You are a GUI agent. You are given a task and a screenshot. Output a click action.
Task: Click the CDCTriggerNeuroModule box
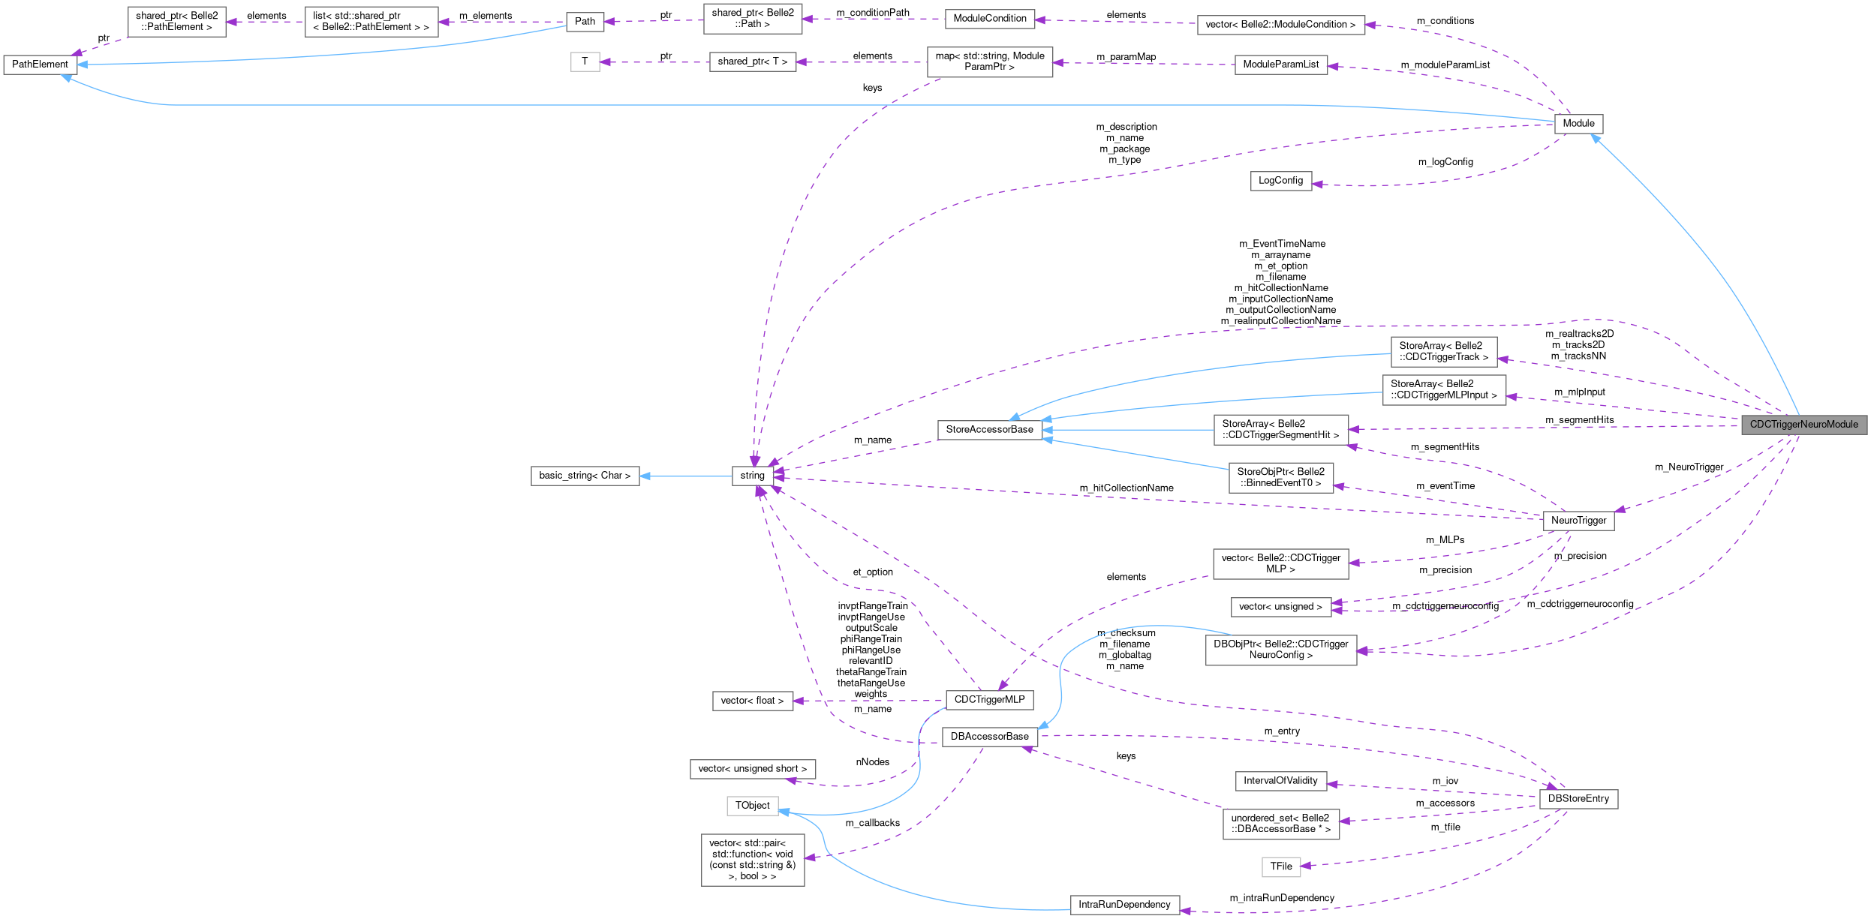coord(1803,425)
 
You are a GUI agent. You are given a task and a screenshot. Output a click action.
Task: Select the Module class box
coord(1578,124)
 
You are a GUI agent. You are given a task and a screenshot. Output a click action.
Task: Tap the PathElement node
coord(40,65)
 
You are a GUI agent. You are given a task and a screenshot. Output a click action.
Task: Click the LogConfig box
coord(1280,181)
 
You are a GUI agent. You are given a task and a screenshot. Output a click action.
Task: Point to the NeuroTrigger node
coord(1578,521)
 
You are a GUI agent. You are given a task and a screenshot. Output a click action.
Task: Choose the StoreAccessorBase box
coord(989,430)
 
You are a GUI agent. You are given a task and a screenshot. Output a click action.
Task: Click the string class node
coord(752,476)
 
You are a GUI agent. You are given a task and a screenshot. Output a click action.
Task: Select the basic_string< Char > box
coord(585,476)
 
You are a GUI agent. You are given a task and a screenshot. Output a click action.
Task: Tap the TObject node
coord(752,806)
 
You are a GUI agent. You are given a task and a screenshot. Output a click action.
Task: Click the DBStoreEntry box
coord(1578,799)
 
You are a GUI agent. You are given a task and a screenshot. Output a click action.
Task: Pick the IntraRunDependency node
coord(1124,905)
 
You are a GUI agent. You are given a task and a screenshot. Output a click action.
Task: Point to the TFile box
coord(1280,866)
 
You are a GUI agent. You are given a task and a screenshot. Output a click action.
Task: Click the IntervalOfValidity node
coord(1280,781)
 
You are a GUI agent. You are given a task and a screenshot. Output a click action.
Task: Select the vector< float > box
coord(752,701)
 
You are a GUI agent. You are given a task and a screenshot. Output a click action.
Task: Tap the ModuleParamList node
coord(1280,65)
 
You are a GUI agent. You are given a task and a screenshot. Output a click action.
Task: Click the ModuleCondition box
coord(989,19)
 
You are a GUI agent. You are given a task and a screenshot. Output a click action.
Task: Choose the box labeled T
coord(585,62)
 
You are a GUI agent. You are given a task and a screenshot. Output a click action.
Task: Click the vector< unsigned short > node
coord(752,769)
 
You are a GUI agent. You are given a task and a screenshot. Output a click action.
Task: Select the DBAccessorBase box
coord(989,737)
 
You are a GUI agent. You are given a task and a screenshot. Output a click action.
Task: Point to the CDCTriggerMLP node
coord(989,700)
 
